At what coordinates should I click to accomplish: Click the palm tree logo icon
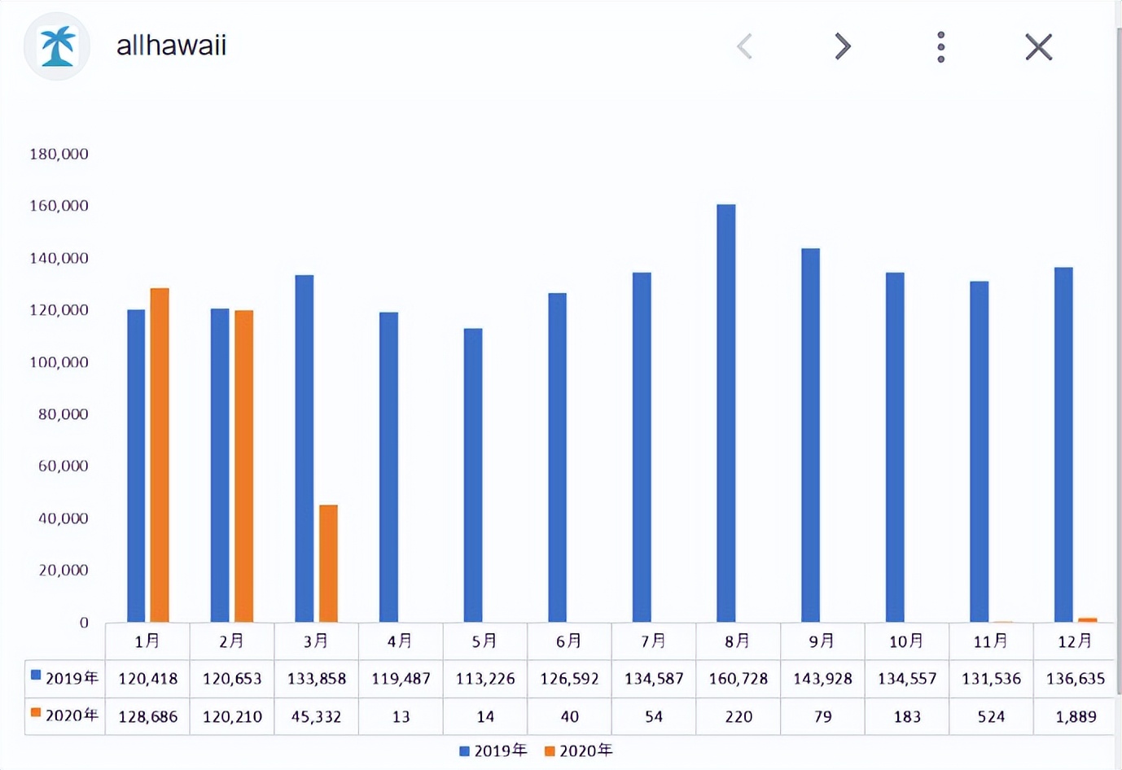click(x=57, y=46)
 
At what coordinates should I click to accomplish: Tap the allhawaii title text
click(x=171, y=46)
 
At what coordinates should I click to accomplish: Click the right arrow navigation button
click(x=843, y=46)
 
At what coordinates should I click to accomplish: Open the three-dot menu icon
click(x=940, y=47)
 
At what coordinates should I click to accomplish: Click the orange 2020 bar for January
click(x=160, y=455)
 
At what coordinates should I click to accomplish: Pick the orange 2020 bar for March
click(x=328, y=563)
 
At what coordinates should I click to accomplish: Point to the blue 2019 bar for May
click(x=473, y=475)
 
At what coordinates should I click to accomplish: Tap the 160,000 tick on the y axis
click(x=59, y=206)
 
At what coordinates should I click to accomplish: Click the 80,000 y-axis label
click(x=63, y=414)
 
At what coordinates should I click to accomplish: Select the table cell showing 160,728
click(x=738, y=678)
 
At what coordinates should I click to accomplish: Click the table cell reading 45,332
click(x=316, y=716)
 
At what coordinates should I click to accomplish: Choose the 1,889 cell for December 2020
click(x=1076, y=716)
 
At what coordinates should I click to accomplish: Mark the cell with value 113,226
click(x=485, y=678)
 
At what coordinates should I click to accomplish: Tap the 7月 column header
click(x=653, y=641)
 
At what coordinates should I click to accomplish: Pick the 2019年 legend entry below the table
click(x=493, y=750)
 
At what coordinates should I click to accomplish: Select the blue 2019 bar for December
click(x=1063, y=444)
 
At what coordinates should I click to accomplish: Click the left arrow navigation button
click(x=744, y=46)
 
